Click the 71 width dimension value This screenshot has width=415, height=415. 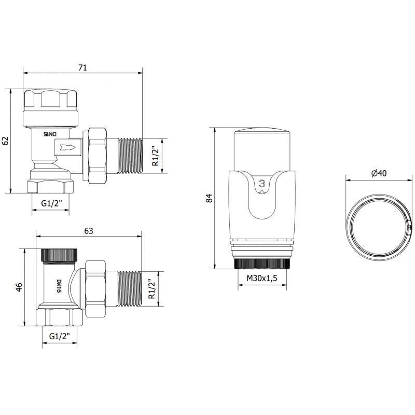coord(82,67)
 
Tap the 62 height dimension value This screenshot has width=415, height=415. coord(6,141)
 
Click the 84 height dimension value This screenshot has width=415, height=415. coord(209,198)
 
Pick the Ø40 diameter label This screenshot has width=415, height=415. coord(379,174)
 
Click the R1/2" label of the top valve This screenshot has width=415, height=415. coord(155,156)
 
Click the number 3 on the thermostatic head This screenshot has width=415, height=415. coord(262,183)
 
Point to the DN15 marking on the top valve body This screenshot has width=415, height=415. coord(52,134)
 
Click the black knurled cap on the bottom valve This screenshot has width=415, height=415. coord(59,255)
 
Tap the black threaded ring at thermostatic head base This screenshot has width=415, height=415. coord(264,264)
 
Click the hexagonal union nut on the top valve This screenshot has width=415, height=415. coord(96,156)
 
